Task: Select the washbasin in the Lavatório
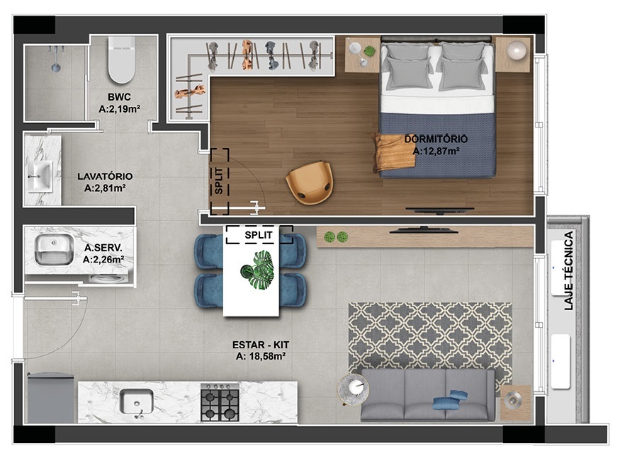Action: [40, 173]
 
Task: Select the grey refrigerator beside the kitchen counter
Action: [50, 398]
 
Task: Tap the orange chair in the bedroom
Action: [309, 183]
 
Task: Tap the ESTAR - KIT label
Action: [260, 345]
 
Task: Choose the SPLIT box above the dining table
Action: [259, 234]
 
